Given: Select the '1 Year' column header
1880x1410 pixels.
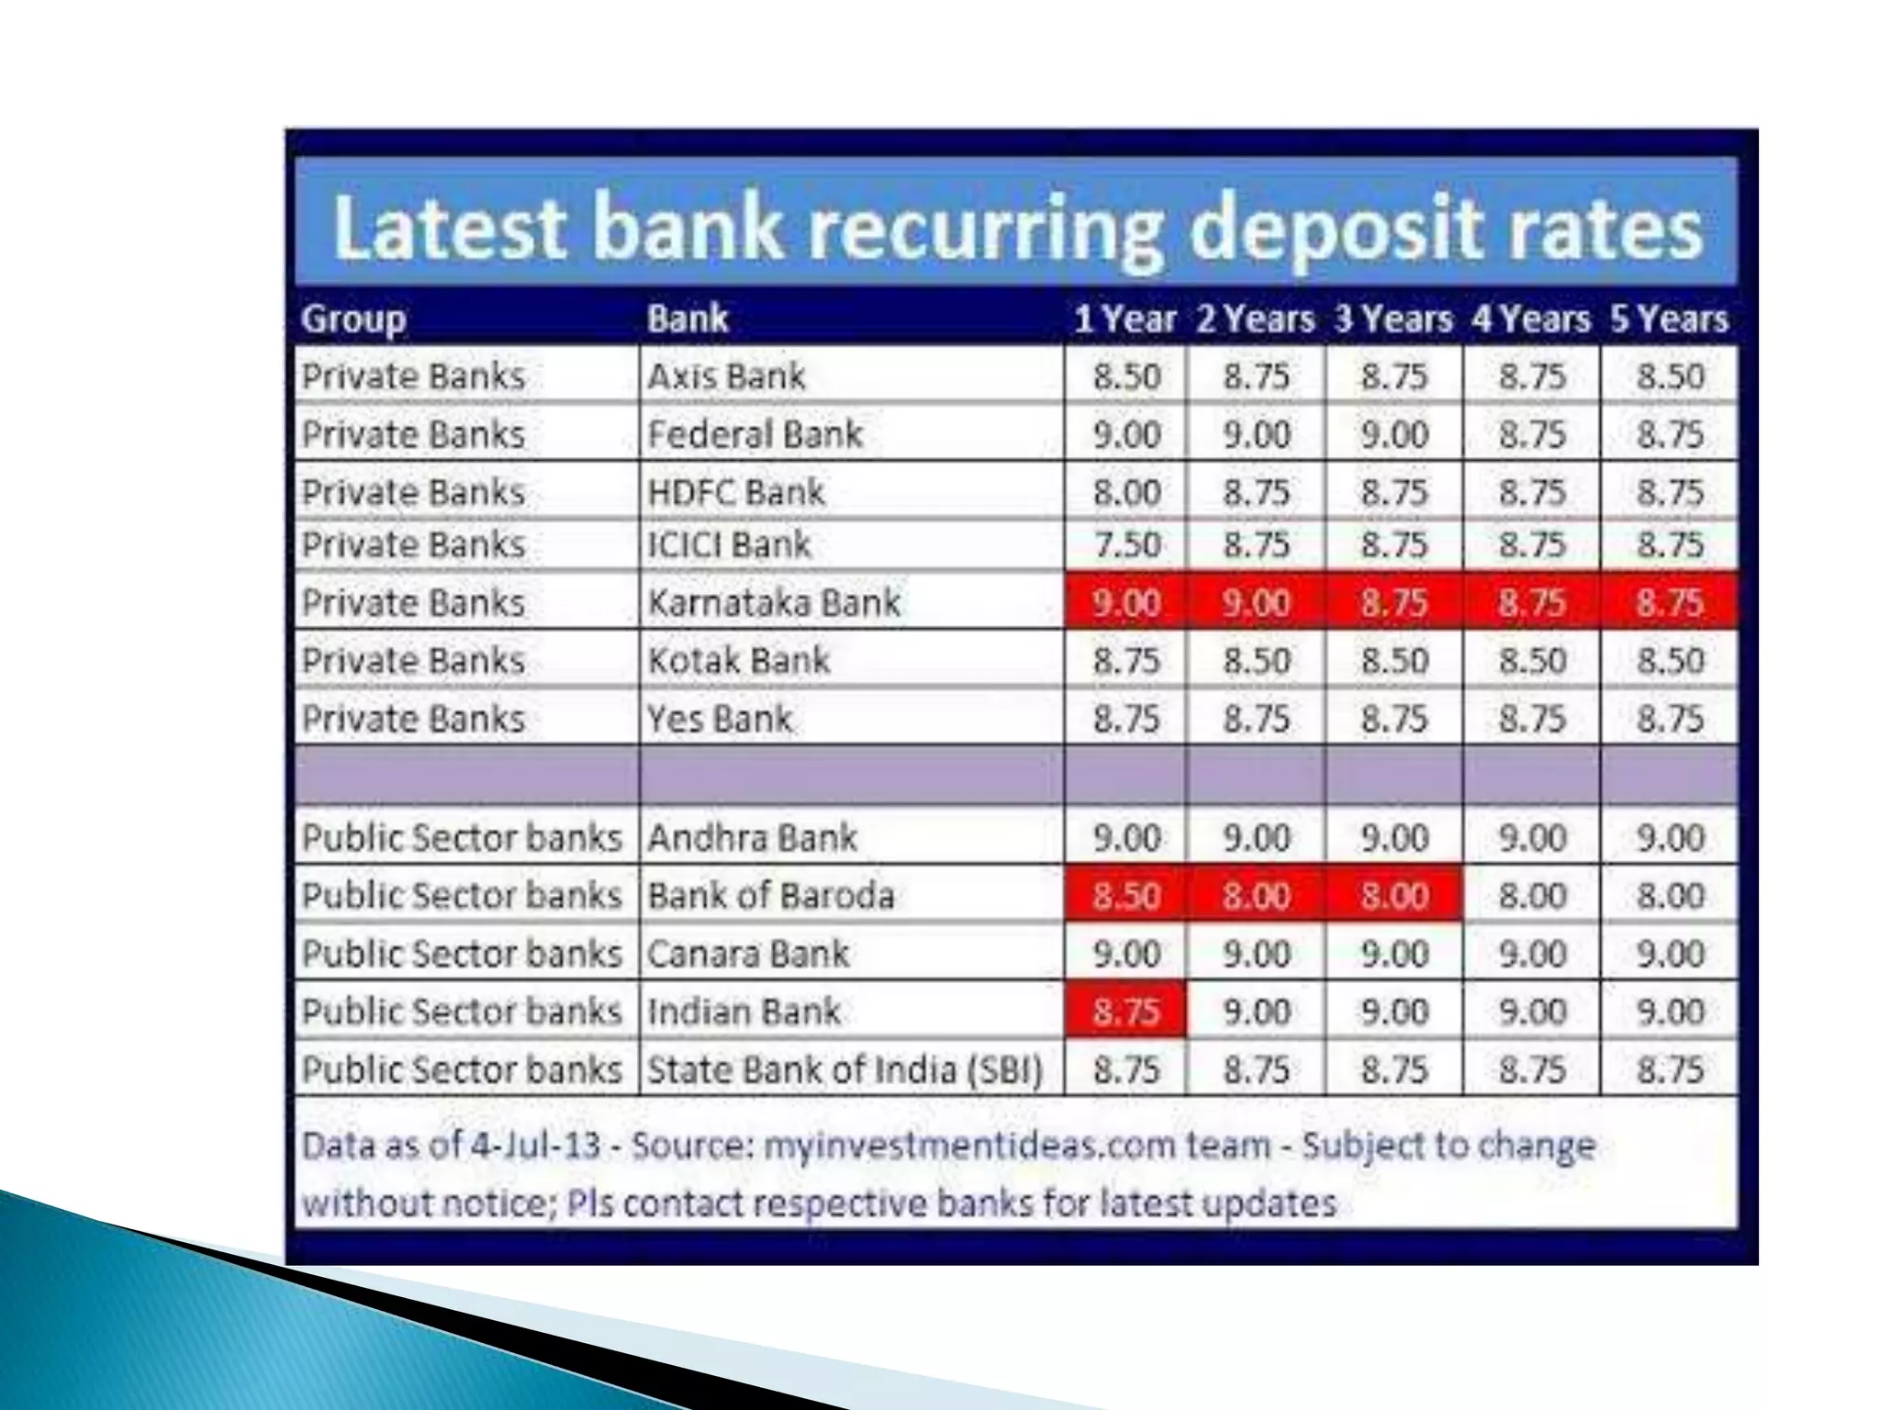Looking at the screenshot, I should [x=1125, y=319].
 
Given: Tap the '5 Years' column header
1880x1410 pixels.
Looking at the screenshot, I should [x=1669, y=319].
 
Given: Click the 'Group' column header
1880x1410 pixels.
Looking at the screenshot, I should [x=353, y=319].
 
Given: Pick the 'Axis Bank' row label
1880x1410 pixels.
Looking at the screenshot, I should [x=726, y=376].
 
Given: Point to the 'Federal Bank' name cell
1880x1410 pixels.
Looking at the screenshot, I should [x=755, y=434].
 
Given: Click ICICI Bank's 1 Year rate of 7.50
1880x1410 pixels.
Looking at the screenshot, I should [x=1126, y=544].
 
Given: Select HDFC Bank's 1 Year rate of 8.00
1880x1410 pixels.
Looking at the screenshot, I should [x=1126, y=492].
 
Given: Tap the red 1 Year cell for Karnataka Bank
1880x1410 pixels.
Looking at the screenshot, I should [x=1126, y=602].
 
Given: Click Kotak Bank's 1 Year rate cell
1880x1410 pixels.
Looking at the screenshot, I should [x=1126, y=661].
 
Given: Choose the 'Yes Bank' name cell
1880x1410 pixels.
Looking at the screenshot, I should [x=719, y=719].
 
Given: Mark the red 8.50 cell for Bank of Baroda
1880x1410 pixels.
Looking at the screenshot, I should [x=1126, y=895].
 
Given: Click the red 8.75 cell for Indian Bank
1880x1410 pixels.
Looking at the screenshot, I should [x=1126, y=1012].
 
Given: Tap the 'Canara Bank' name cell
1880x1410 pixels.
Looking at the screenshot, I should [x=748, y=954].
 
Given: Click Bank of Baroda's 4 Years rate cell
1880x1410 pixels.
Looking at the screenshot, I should [x=1532, y=895].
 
